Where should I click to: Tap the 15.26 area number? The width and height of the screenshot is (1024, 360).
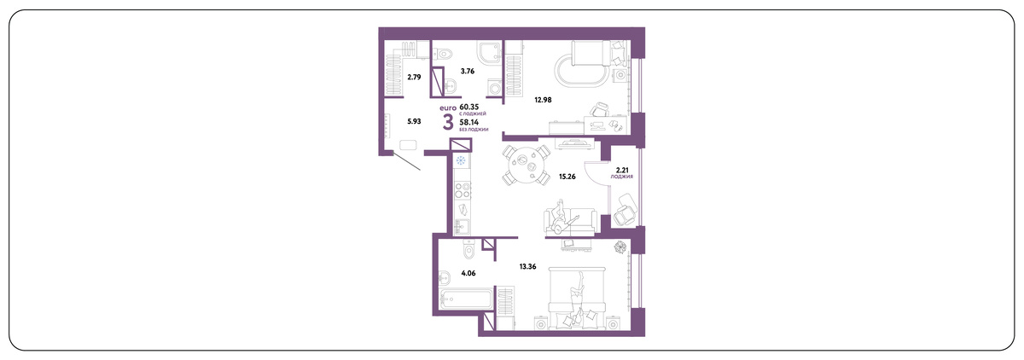click(567, 177)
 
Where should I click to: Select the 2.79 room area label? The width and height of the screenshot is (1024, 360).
click(94, 77)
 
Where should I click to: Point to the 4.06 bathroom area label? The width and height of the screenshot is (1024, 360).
click(468, 273)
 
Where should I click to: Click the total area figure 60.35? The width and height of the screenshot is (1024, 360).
click(469, 107)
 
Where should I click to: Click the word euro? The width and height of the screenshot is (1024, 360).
click(447, 107)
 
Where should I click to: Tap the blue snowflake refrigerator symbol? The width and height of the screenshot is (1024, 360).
click(461, 161)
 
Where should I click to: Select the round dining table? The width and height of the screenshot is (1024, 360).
click(525, 165)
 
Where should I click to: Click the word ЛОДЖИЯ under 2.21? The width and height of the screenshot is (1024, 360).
click(622, 176)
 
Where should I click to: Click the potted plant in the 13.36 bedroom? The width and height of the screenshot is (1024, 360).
click(620, 247)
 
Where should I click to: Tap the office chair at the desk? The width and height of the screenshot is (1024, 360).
click(599, 110)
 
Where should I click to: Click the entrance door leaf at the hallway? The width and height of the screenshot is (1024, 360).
click(407, 161)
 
